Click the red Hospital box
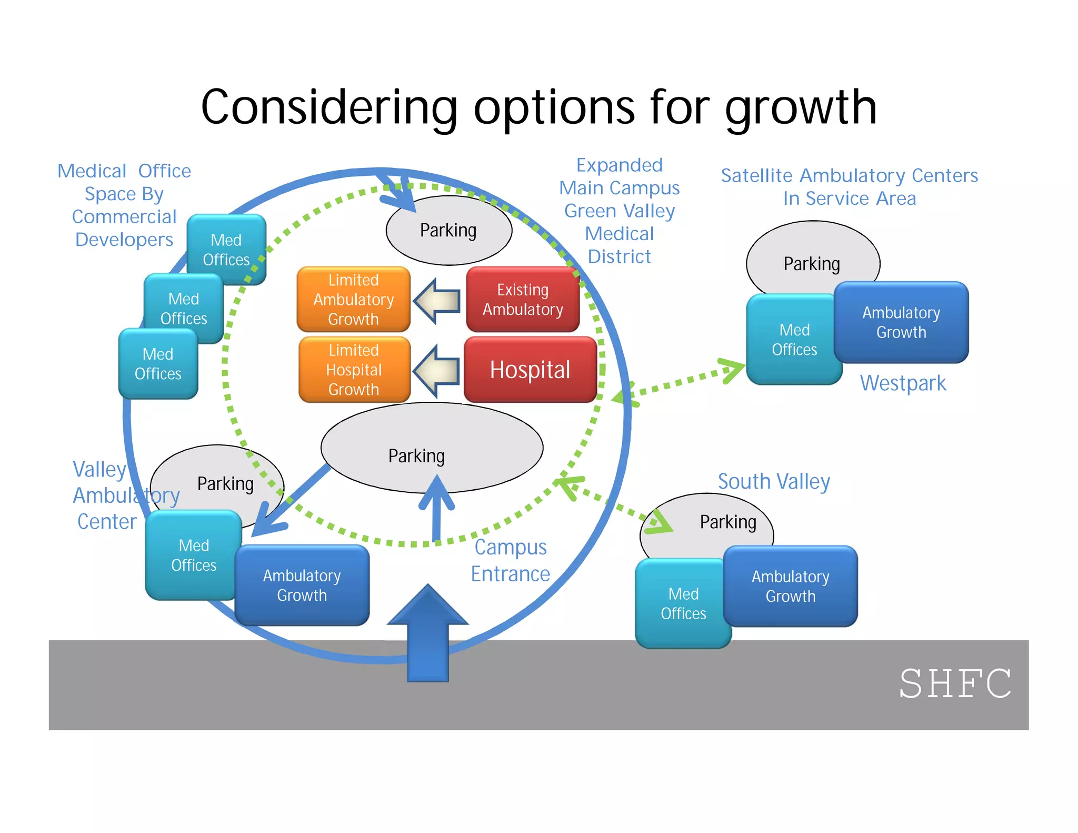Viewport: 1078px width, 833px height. [530, 370]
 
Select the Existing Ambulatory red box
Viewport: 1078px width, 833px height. [523, 299]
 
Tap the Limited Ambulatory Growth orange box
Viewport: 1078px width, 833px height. [353, 299]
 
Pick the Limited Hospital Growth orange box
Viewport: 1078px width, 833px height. [354, 370]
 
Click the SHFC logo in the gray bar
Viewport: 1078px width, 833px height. [955, 683]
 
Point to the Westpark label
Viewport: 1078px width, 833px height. [903, 383]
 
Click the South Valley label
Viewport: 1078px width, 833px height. [774, 481]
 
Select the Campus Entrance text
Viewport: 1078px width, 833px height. [510, 560]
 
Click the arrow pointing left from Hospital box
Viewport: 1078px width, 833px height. [436, 371]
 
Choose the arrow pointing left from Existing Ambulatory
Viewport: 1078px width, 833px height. [436, 301]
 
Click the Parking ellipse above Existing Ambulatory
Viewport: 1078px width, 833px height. [448, 230]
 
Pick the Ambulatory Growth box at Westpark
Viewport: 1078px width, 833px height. [901, 322]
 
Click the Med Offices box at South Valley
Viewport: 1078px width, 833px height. [683, 603]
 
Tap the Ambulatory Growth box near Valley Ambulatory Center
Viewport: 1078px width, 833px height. [302, 585]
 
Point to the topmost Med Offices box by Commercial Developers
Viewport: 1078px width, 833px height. [226, 250]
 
